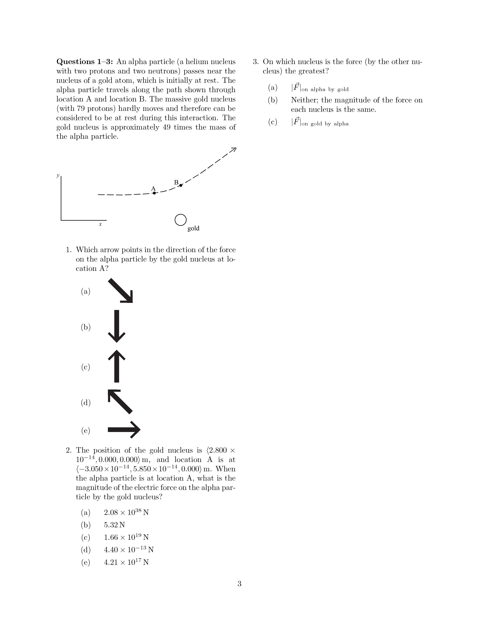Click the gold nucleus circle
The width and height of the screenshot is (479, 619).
tap(180, 220)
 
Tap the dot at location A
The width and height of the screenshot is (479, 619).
tap(154, 193)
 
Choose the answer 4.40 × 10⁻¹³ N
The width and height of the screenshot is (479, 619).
tap(128, 550)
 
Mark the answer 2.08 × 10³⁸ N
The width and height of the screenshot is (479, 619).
tap(126, 512)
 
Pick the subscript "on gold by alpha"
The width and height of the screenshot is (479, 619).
tap(325, 124)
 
